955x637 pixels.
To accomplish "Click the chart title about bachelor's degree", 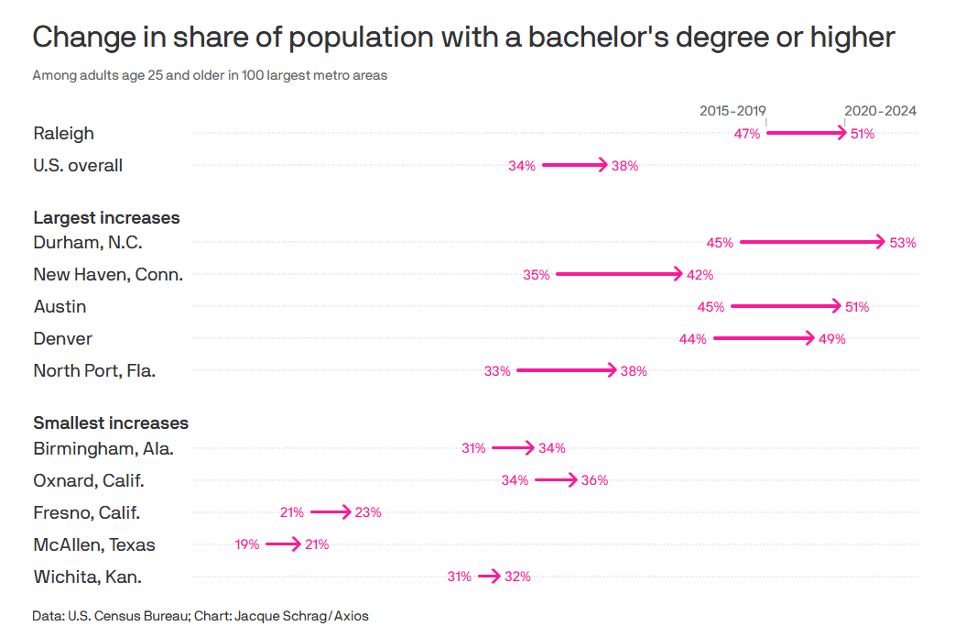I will click(463, 38).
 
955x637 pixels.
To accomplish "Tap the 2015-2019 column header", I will click(733, 111).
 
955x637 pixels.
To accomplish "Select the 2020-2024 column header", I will click(880, 111).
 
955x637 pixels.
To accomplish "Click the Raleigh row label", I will click(63, 134).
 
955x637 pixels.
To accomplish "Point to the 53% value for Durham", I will click(903, 243).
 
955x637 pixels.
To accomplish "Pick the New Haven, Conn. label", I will click(108, 274).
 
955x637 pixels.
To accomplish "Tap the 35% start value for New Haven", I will click(537, 275).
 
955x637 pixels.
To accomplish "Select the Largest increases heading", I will click(106, 218).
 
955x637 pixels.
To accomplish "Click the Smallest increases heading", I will click(111, 423).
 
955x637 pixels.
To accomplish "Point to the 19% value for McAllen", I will click(247, 544).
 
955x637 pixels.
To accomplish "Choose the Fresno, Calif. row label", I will click(86, 512).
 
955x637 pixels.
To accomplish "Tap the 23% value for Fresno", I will click(368, 512).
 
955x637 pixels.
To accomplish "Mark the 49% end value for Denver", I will click(832, 339).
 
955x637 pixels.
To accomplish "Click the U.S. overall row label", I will click(78, 166).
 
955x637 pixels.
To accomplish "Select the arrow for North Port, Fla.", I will click(567, 370).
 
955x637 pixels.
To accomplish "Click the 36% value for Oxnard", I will click(595, 480).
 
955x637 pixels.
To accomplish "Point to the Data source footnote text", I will click(201, 616).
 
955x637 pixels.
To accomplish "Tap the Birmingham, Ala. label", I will click(103, 448).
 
